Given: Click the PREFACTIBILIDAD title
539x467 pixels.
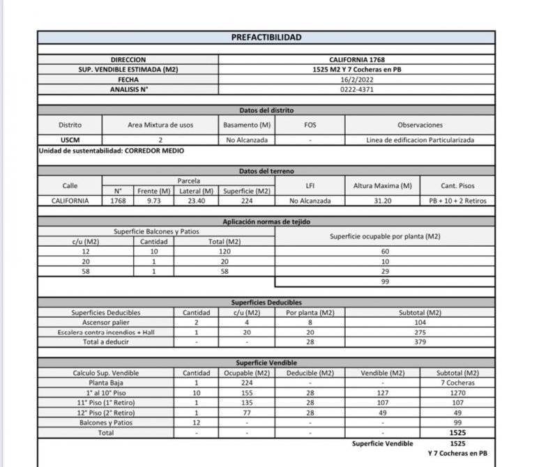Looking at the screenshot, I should pos(266,38).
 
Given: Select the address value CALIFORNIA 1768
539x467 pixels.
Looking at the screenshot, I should pos(357,61).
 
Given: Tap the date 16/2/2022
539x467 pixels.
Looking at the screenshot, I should pos(357,80).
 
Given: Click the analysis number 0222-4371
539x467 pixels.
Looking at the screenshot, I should pos(357,90).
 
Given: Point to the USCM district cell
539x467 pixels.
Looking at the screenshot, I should pos(70,140).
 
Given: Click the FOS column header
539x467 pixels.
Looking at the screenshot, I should pos(310,125).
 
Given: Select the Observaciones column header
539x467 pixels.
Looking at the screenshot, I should pos(420,125).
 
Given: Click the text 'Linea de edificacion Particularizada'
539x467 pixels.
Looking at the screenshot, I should pos(420,140).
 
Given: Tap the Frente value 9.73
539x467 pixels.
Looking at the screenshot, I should pos(155,201).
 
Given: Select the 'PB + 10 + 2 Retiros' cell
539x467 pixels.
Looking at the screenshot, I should pos(457,201).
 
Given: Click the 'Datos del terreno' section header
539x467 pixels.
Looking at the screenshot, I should pos(266,171).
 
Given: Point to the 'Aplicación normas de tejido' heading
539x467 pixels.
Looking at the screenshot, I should pos(266,222).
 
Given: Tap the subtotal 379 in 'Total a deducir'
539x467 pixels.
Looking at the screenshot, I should pos(420,342).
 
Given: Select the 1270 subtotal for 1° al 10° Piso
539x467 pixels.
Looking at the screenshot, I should pos(457,392).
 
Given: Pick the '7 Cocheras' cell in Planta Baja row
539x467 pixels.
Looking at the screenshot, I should pos(457,383).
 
